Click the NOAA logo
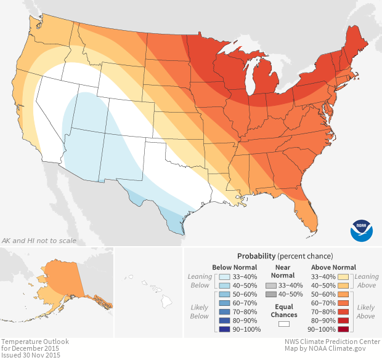pos(362,230)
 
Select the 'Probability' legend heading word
pos(256,255)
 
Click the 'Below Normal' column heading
pos(234,267)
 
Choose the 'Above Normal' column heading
pos(334,267)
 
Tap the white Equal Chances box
pos(284,324)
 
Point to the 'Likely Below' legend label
pos(200,311)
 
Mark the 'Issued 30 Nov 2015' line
pos(31,355)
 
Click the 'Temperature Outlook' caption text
pos(35,341)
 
